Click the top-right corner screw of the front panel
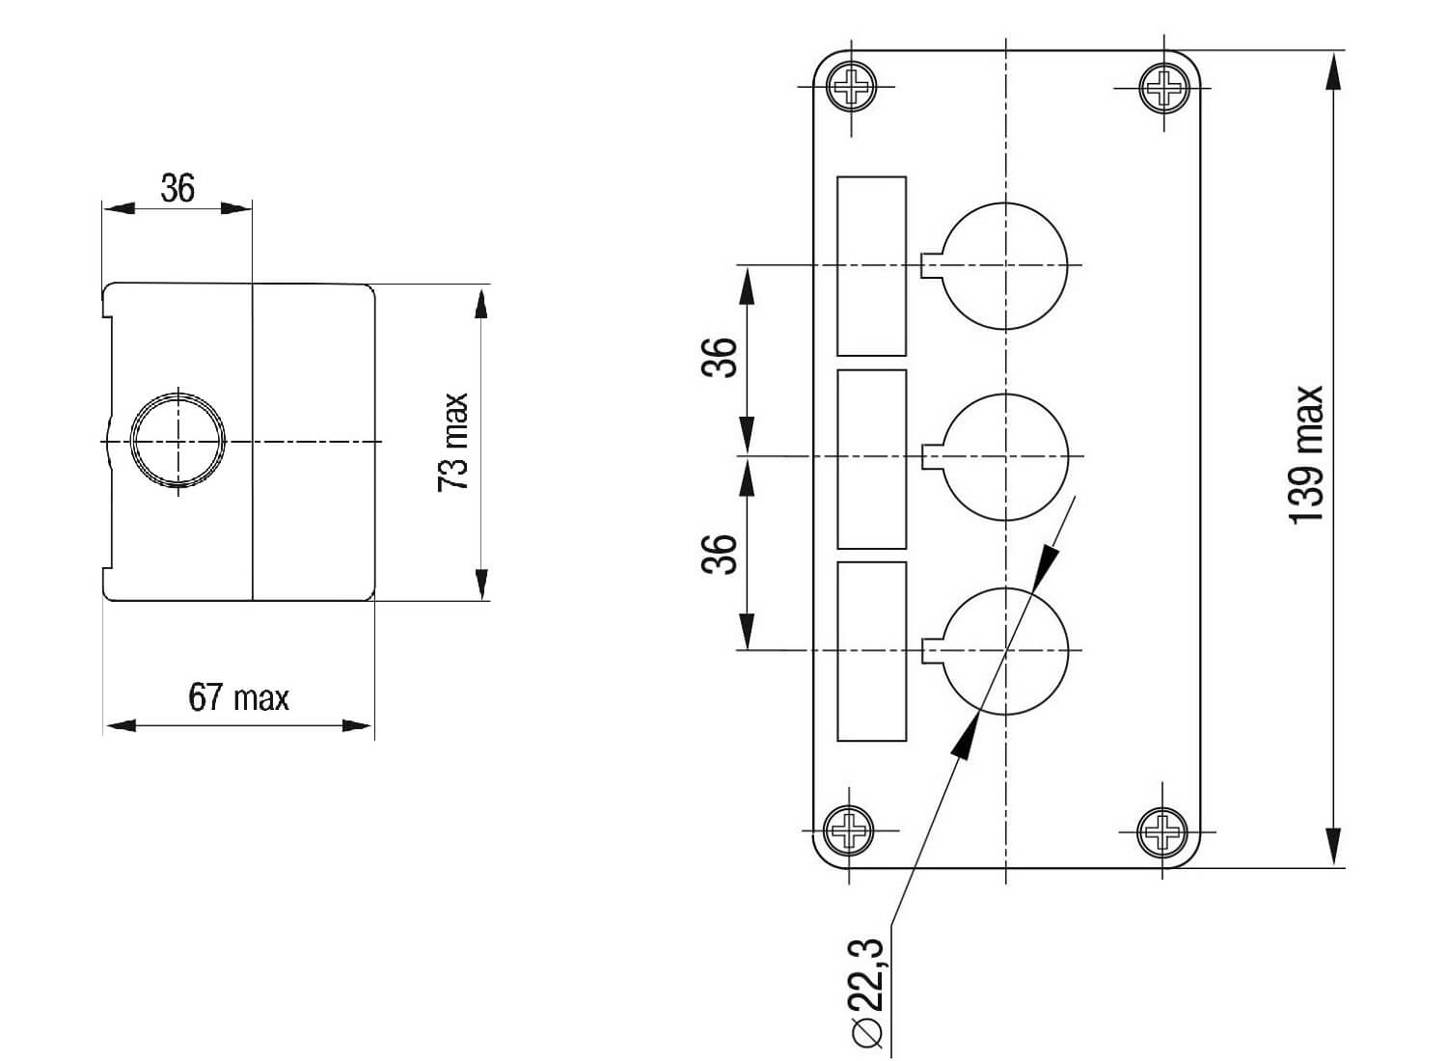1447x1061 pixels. pos(1164,89)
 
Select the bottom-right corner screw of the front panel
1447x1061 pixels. pos(1162,830)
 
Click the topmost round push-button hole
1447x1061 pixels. pos(1005,265)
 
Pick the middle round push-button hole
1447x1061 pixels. pos(1005,456)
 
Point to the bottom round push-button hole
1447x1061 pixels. pos(1005,651)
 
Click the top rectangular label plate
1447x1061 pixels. pos(871,265)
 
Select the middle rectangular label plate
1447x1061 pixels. pos(871,458)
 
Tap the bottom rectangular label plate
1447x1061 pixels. pos(871,651)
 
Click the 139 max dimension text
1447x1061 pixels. pos(1306,455)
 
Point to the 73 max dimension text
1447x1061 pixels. pos(453,442)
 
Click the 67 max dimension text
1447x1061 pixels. pos(238,696)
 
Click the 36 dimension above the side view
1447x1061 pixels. pos(177,188)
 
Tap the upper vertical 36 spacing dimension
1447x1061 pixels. pos(720,357)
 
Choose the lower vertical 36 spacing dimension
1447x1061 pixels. pos(720,554)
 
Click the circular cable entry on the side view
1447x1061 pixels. pos(178,440)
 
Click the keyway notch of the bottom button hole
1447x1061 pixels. pos(932,651)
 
